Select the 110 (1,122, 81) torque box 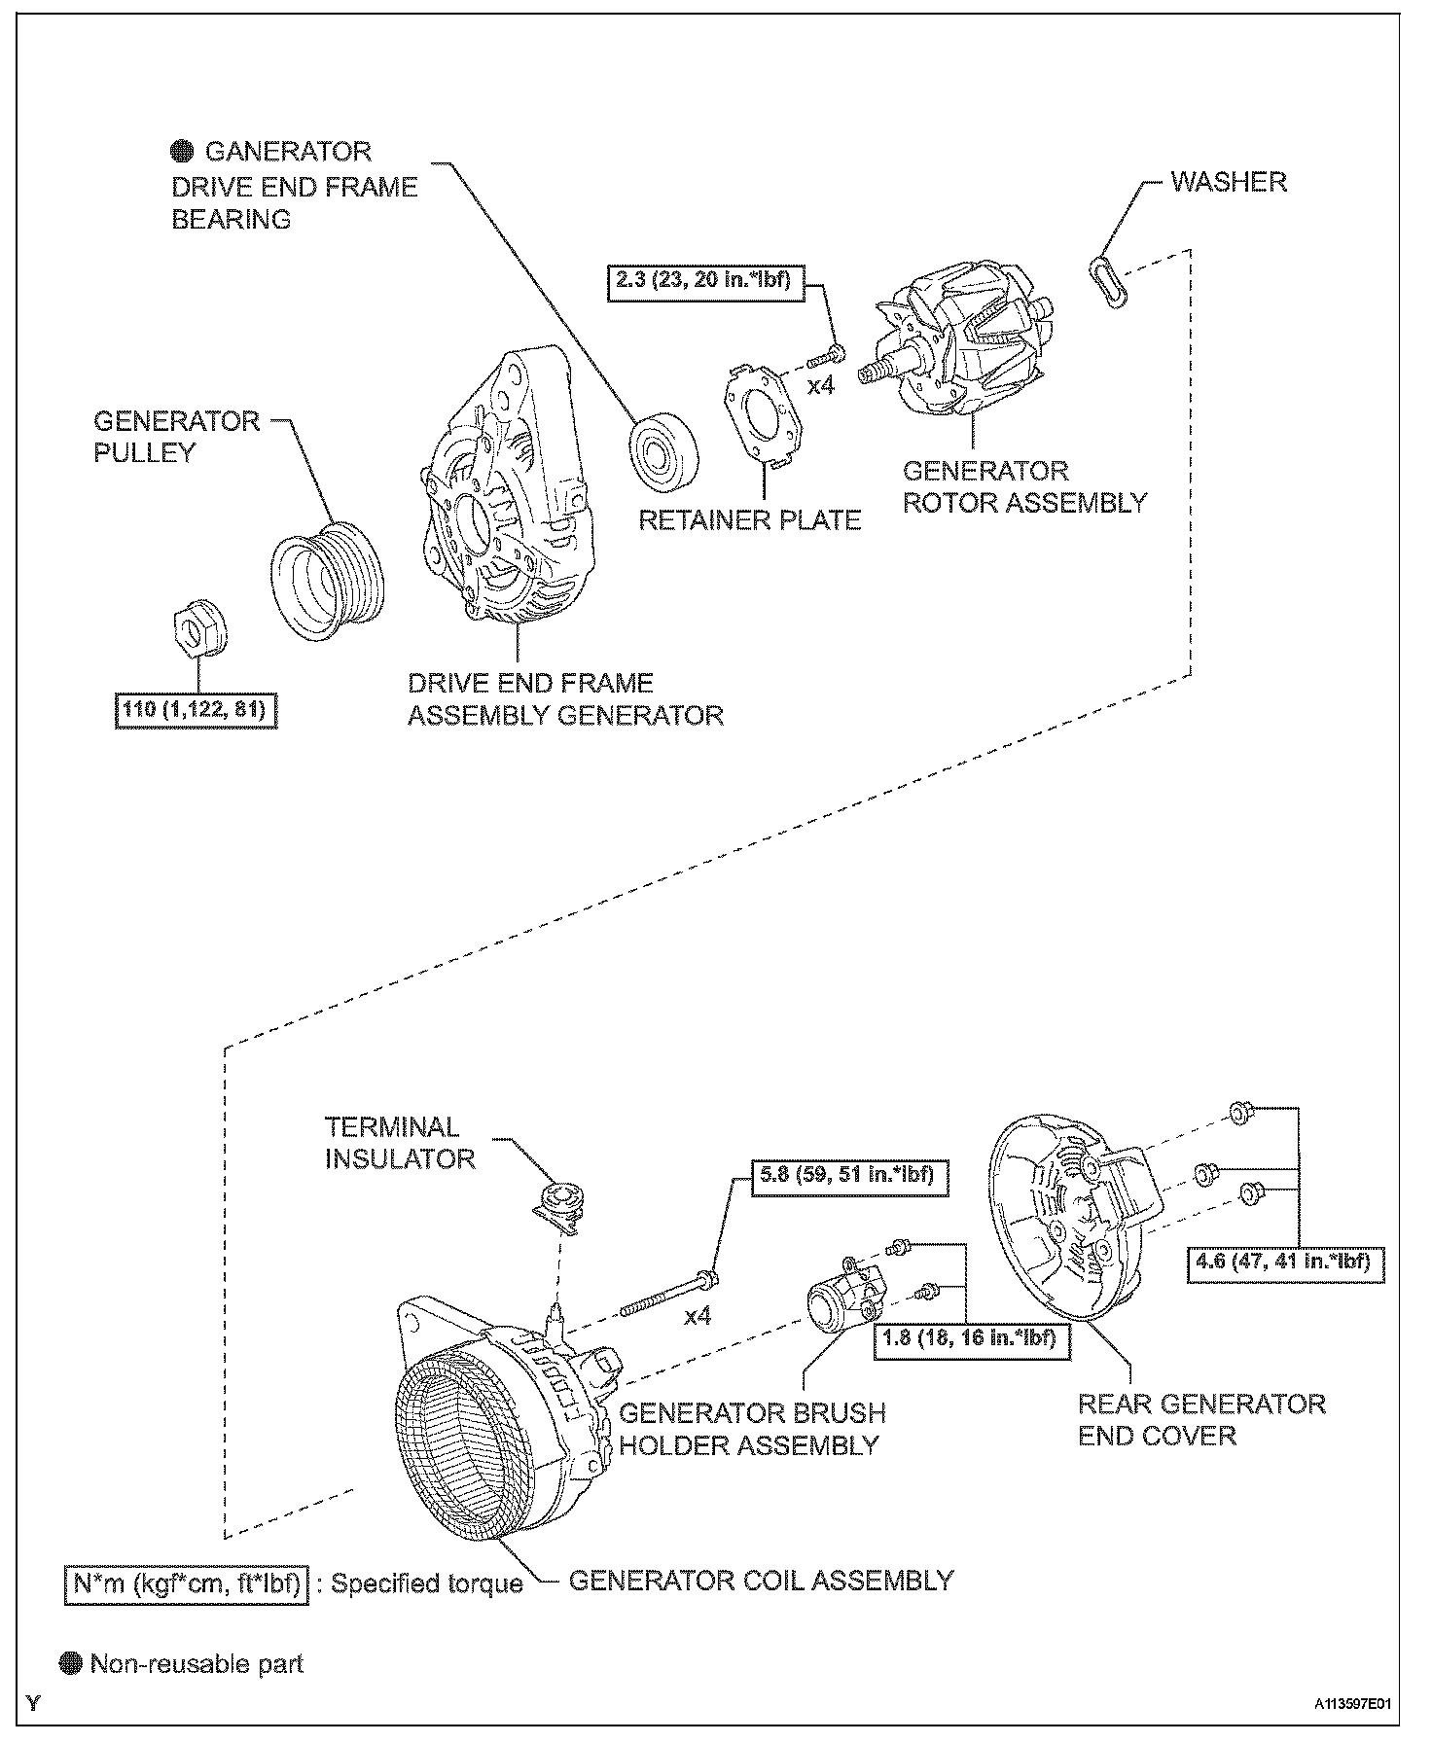pyautogui.click(x=197, y=710)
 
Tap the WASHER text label pyautogui.click(x=1228, y=182)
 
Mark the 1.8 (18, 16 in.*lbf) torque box pyautogui.click(x=971, y=1338)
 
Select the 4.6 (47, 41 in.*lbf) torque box pyautogui.click(x=1285, y=1263)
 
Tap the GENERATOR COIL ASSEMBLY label pyautogui.click(x=761, y=1581)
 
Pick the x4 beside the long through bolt pyautogui.click(x=697, y=1316)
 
